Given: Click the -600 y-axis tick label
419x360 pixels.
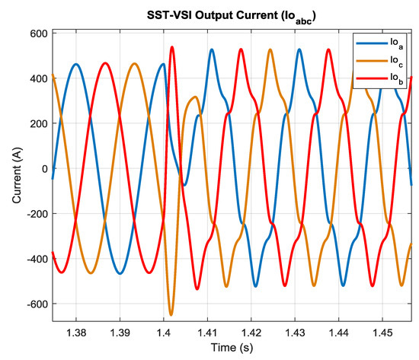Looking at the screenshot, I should (x=34, y=304).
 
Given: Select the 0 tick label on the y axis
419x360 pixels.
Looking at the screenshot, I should (x=43, y=169).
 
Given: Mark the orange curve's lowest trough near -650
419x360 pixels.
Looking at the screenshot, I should (x=171, y=314).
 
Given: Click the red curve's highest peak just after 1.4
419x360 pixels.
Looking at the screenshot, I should (x=172, y=47).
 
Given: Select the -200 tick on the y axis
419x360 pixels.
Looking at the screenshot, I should (x=34, y=214).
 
